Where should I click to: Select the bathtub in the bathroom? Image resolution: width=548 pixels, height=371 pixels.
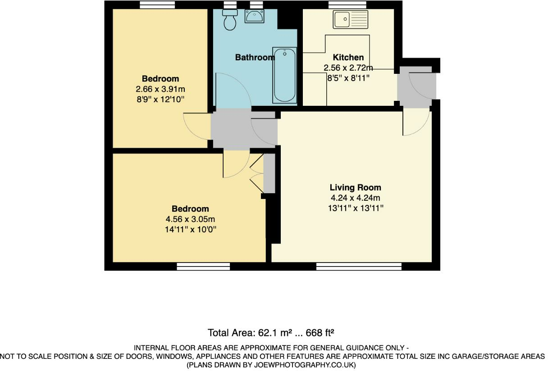(285, 75)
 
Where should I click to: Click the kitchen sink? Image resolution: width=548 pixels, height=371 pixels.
(351, 19)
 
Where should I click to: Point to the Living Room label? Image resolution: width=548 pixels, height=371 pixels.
(355, 187)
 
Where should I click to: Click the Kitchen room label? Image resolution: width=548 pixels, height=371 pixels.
(348, 58)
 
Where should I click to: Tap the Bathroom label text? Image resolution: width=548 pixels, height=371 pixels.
(255, 58)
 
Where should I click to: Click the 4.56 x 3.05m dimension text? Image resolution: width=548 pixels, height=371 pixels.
(190, 219)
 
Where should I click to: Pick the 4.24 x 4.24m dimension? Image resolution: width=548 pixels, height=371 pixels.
(355, 198)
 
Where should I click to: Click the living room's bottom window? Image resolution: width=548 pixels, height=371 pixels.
(359, 267)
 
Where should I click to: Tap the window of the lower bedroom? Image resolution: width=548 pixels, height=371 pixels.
(203, 267)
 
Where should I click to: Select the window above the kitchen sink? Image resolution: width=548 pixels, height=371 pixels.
(347, 5)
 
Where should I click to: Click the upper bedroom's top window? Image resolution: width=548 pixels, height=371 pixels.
(157, 5)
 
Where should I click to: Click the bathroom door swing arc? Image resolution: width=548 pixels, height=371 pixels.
(233, 90)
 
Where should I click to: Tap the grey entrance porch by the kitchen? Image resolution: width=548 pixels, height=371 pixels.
(416, 86)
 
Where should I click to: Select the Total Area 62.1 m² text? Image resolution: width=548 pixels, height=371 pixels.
(270, 333)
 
